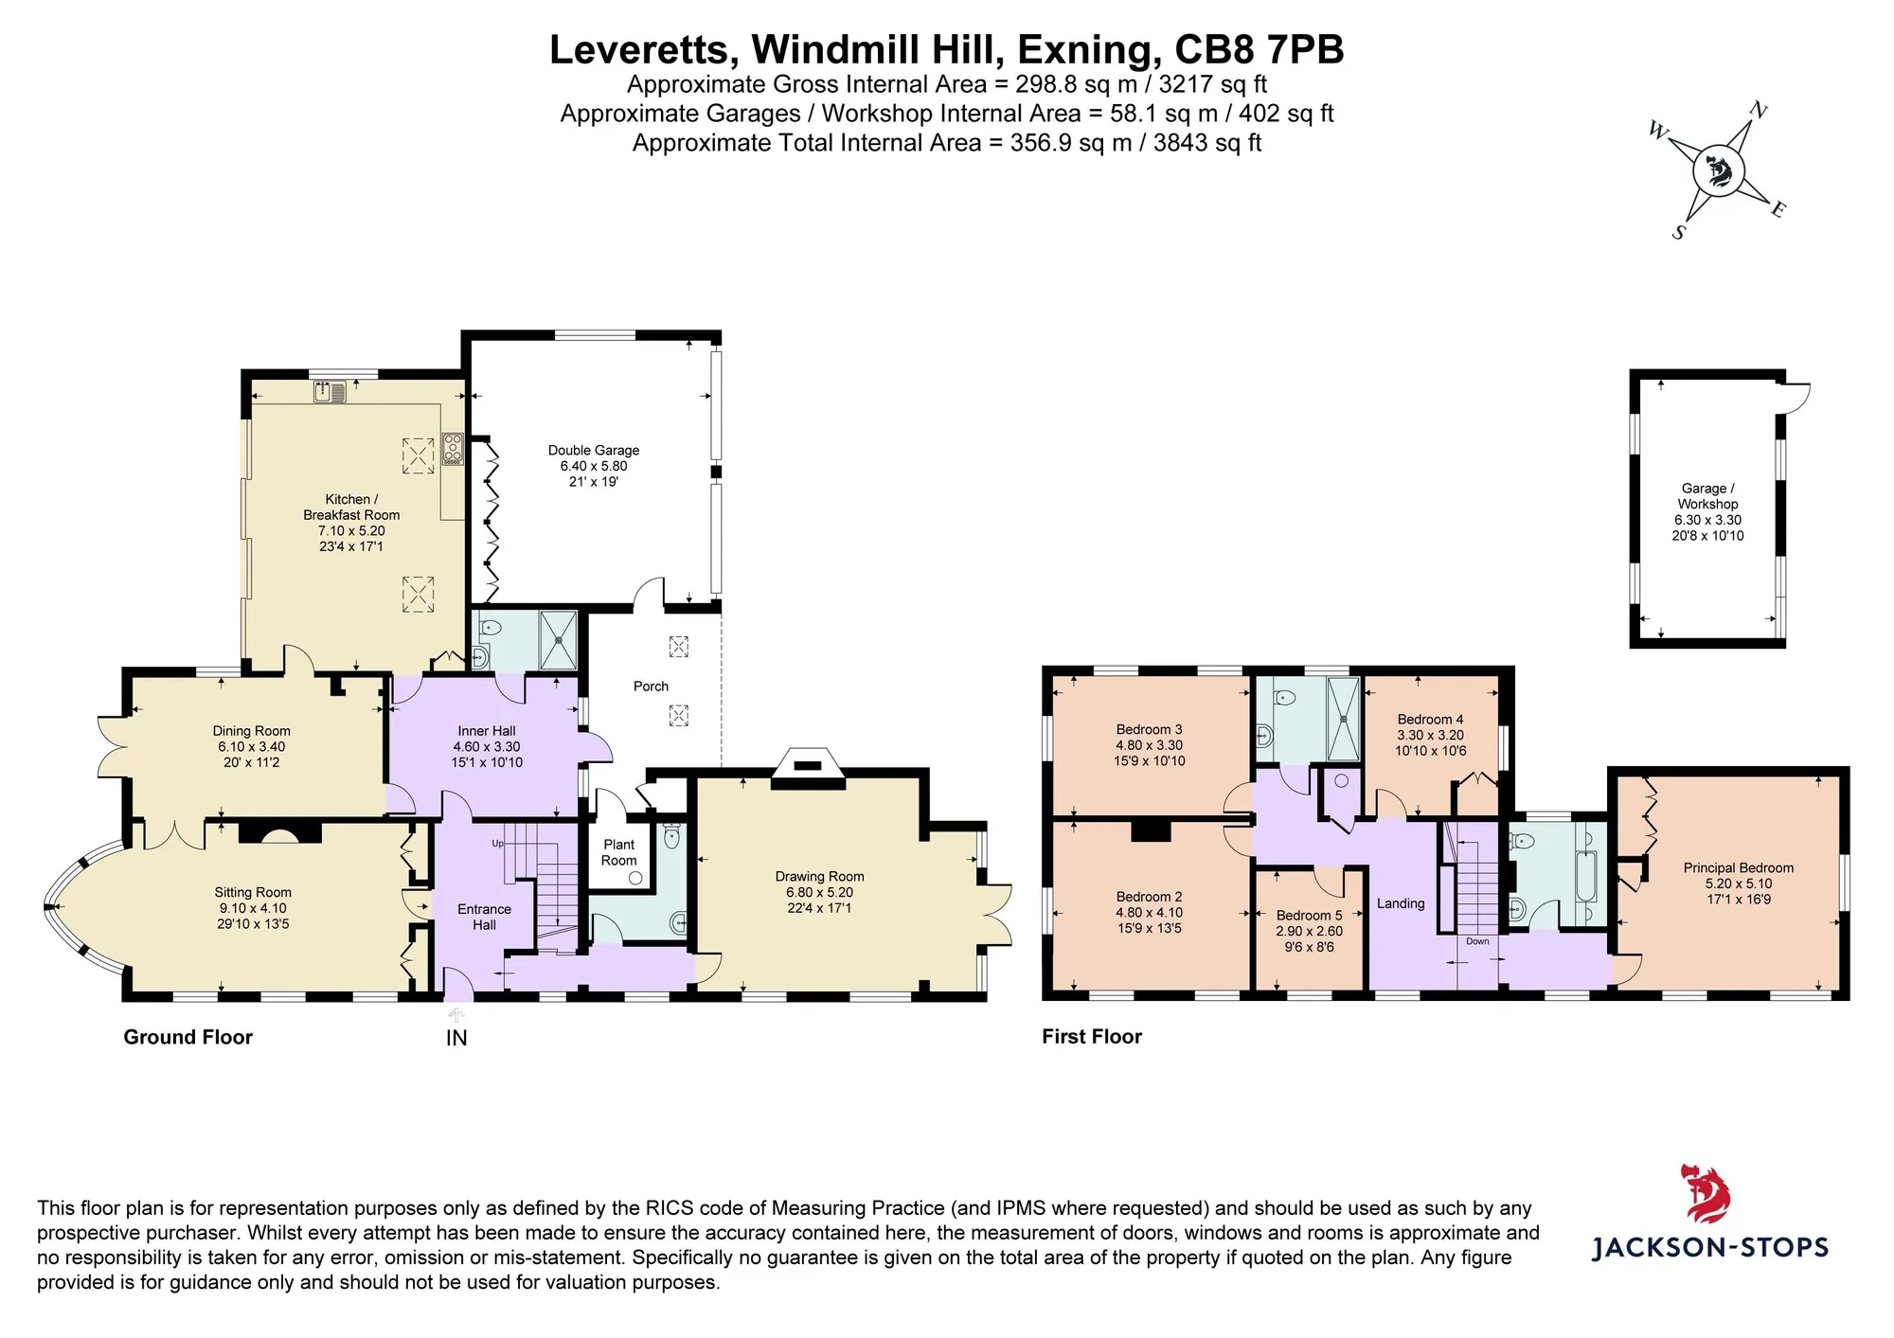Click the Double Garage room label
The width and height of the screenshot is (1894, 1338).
coord(594,451)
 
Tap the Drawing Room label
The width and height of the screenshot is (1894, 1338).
coord(819,877)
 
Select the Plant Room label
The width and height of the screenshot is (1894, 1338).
coord(619,852)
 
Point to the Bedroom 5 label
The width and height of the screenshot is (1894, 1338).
coord(1310,916)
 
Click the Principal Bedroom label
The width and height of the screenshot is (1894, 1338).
coord(1739,867)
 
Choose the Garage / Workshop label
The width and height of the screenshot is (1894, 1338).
coord(1707,496)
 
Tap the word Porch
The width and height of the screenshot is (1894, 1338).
coord(651,687)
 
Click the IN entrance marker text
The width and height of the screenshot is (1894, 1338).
coord(456,1038)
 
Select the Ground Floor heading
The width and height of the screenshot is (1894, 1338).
coord(188,1037)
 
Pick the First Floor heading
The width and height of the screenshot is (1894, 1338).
coord(1092,1037)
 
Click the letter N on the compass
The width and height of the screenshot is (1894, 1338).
coord(1758,111)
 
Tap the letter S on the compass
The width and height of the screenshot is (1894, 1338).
coord(1679,232)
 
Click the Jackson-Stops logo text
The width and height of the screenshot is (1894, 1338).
coord(1710,1247)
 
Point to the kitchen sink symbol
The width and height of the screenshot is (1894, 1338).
coord(331,391)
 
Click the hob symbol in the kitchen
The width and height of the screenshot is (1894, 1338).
coord(453,449)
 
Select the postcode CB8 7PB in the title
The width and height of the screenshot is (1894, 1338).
coord(1259,50)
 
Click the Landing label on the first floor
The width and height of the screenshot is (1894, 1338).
coord(1401,903)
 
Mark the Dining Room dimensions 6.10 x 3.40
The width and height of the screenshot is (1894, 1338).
coord(251,747)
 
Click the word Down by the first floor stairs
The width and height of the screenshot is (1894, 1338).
coord(1477,941)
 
